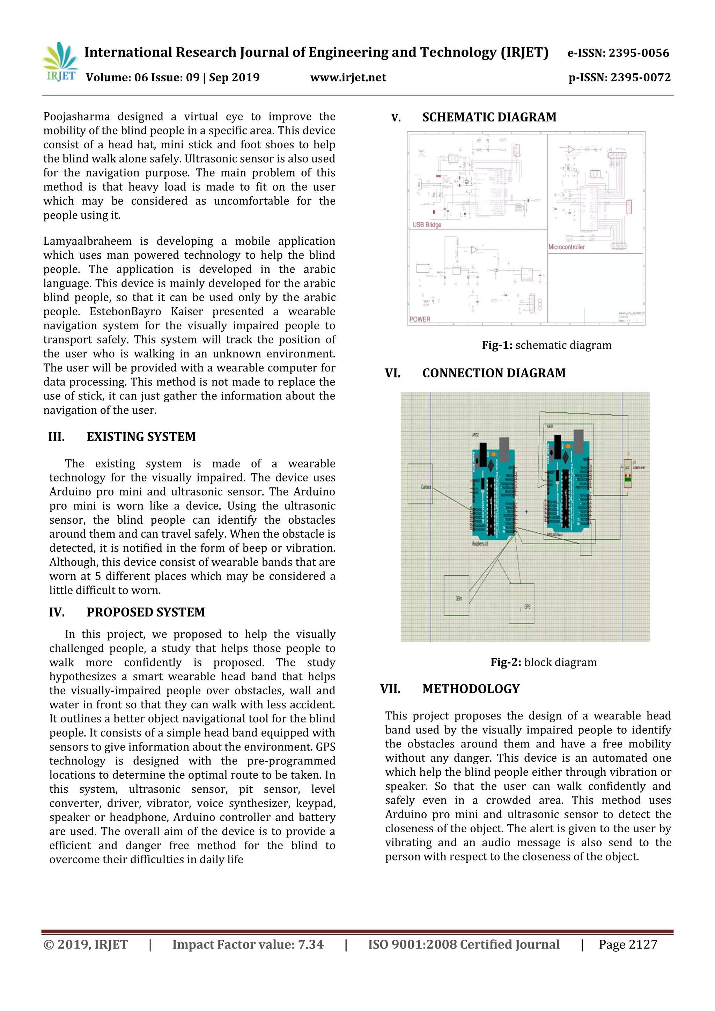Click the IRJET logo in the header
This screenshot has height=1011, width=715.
(60, 62)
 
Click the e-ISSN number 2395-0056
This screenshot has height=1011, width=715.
(618, 53)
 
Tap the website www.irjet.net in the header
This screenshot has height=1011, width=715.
(348, 78)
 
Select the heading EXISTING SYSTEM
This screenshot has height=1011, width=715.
(141, 437)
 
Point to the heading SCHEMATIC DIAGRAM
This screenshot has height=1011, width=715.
(489, 117)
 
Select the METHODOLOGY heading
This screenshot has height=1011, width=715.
(471, 689)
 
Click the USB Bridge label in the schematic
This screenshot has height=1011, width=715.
(427, 224)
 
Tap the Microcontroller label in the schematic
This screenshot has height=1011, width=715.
(566, 247)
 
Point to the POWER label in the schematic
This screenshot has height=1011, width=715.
(420, 319)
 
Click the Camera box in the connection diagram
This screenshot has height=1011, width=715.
(420, 484)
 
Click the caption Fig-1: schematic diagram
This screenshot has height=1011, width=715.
(546, 345)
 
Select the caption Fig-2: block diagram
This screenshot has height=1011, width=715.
(544, 662)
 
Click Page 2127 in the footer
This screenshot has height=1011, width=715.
(627, 945)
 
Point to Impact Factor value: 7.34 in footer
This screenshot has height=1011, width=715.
(248, 945)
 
